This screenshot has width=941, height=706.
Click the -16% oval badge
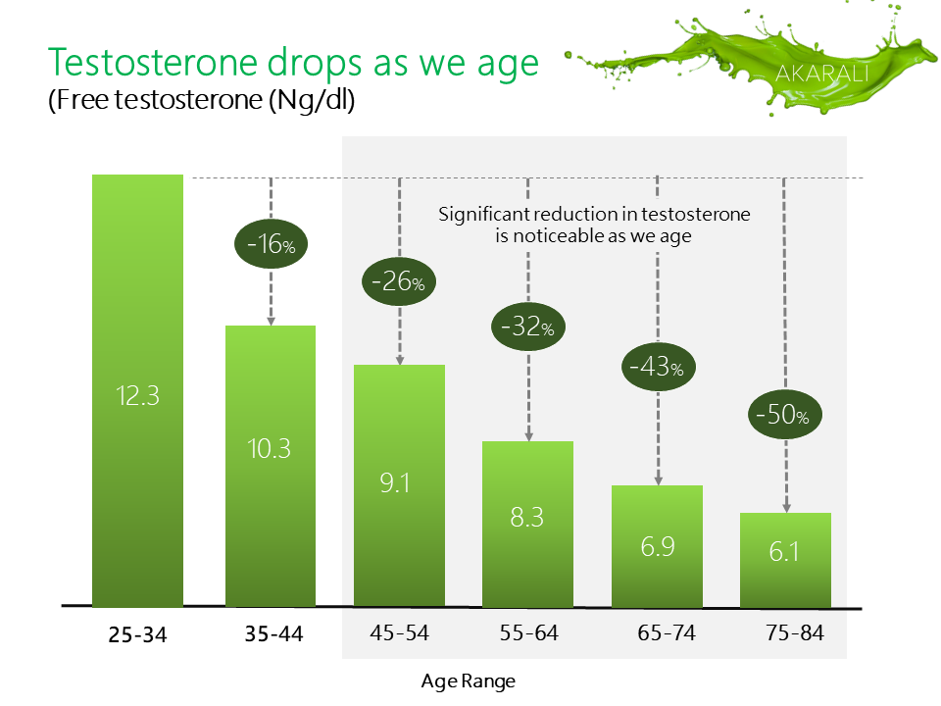coord(271,244)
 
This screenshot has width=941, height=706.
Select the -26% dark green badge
coord(399,281)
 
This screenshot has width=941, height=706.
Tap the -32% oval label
coord(528,327)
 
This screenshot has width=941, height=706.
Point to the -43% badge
coord(659,367)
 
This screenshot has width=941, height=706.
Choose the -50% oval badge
coord(785,415)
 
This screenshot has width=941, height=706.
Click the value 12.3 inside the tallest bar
coord(137,396)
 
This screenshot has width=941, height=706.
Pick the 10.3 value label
coord(269,449)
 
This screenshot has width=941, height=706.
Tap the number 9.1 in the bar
coord(395,483)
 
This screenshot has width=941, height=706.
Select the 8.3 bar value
coord(527,518)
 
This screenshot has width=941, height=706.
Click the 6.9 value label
coord(658,547)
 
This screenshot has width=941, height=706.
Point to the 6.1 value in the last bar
coord(784,552)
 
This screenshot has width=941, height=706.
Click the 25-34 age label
coord(137,634)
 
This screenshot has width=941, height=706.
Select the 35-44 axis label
coord(273,634)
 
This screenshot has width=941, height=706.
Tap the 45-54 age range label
coord(399,632)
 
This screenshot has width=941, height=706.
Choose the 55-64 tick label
coord(528,632)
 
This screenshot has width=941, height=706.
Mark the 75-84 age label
coord(795,632)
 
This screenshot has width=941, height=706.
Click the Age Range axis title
coord(469,681)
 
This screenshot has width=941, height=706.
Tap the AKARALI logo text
coord(822,74)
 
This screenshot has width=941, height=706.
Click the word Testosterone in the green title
coord(153,63)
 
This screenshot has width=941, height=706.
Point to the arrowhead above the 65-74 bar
coord(659,480)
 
